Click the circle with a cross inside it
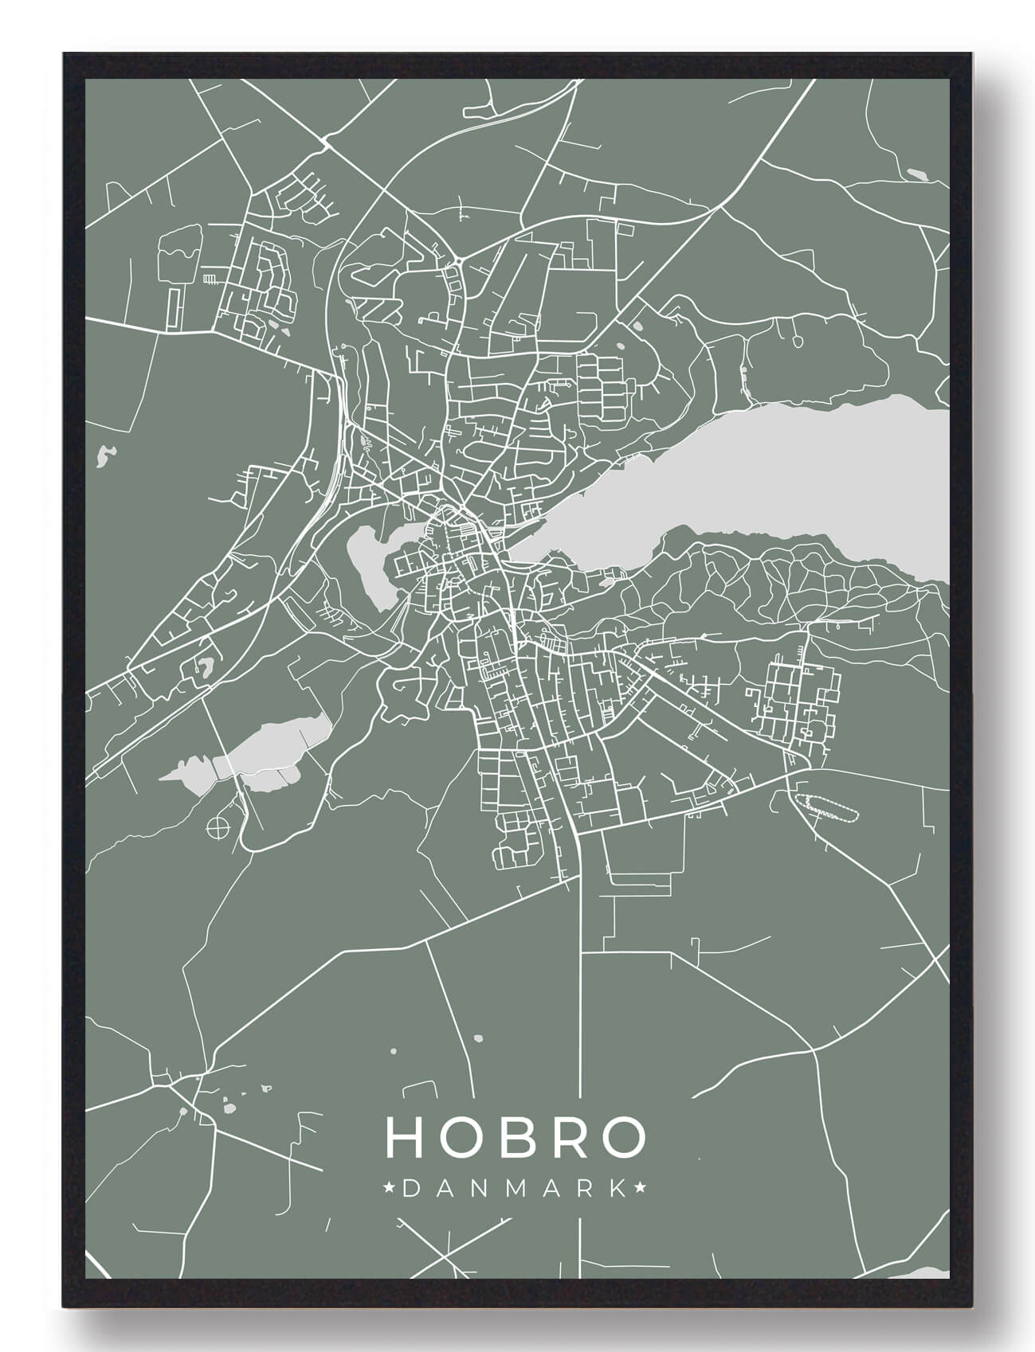pos(216,828)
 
